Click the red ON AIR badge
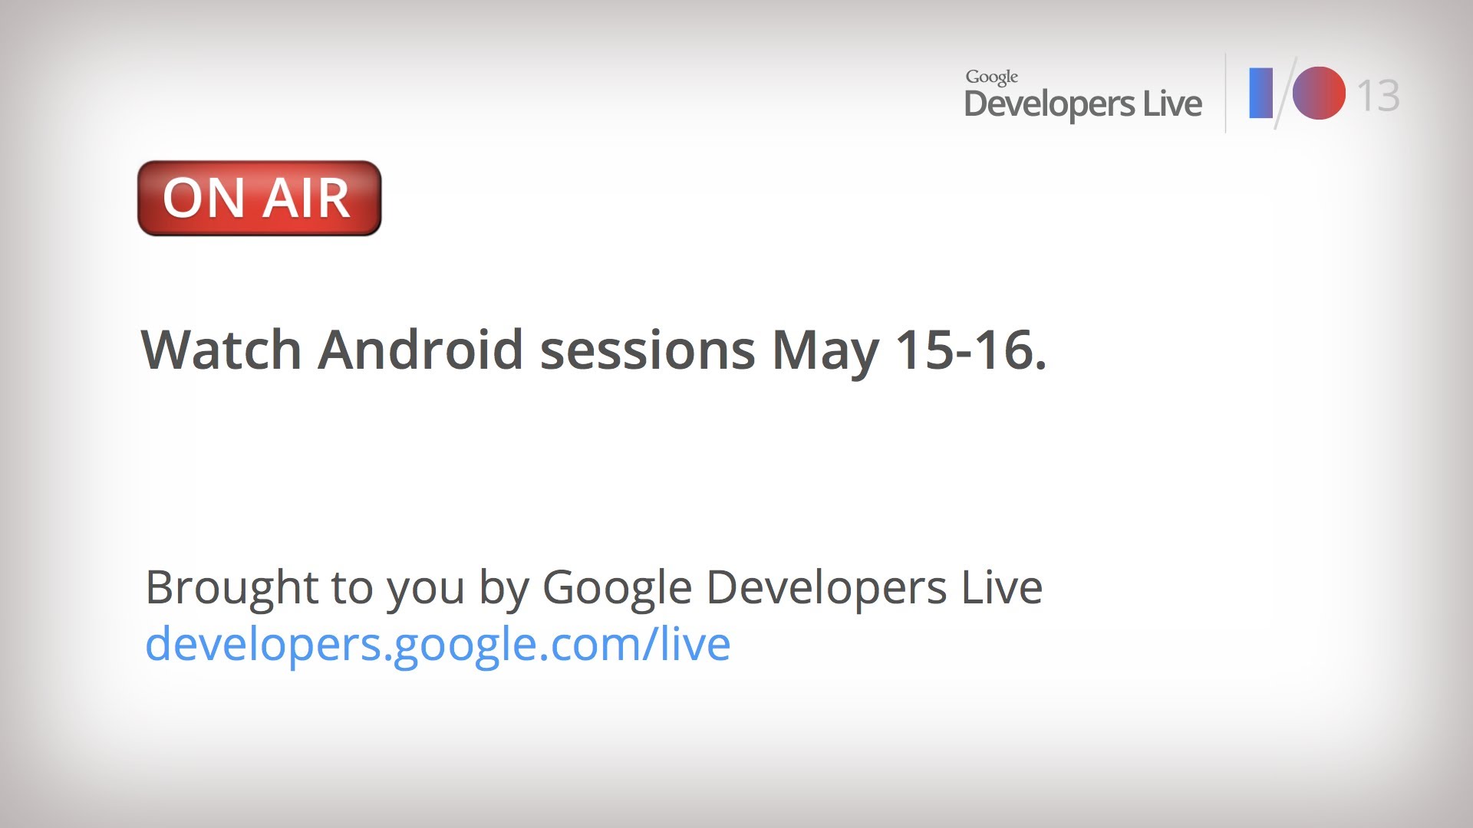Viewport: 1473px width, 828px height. click(259, 198)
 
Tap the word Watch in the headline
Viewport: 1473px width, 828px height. click(222, 350)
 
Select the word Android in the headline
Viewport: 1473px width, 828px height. click(420, 350)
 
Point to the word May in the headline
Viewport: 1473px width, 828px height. click(825, 353)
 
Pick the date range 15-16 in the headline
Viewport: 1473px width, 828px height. click(965, 350)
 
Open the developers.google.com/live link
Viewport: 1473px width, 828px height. click(438, 644)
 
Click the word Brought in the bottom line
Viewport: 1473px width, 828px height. click(232, 588)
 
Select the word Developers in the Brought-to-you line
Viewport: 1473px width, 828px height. click(826, 588)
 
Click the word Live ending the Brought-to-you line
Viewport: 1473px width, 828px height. click(1002, 586)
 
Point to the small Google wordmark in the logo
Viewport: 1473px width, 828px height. click(992, 77)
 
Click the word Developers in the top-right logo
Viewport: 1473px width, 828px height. click(1049, 104)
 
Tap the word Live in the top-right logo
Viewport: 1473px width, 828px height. click(1172, 103)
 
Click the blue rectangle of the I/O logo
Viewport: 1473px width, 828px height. click(1261, 94)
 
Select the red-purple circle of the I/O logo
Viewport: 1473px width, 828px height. click(1319, 94)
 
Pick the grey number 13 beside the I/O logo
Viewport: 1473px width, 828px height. click(1379, 96)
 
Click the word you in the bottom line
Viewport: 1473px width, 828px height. click(426, 593)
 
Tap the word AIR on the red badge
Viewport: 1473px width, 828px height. click(307, 199)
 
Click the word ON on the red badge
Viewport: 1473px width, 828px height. click(204, 199)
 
